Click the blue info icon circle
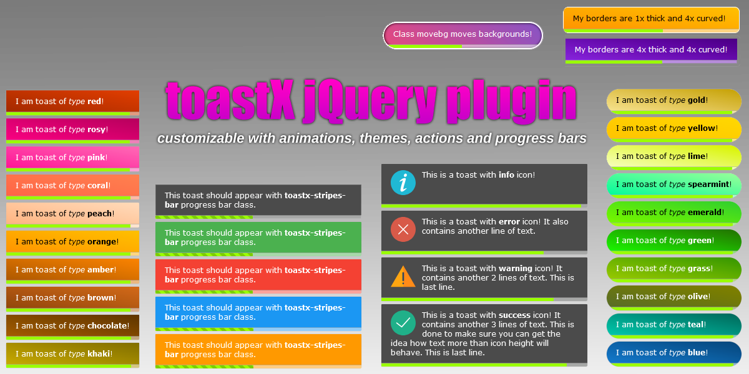point(403,183)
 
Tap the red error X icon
point(403,229)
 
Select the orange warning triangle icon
point(403,276)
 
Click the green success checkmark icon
point(403,323)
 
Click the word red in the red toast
point(94,102)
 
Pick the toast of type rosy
point(72,130)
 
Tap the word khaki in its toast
point(99,354)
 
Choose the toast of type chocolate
point(72,326)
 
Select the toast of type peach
point(72,214)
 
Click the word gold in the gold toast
point(697,100)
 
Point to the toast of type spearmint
point(674,185)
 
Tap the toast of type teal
point(674,325)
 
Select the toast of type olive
point(674,297)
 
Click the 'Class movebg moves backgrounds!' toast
point(463,34)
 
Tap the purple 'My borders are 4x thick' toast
point(651,50)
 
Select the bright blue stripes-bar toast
point(258,312)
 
